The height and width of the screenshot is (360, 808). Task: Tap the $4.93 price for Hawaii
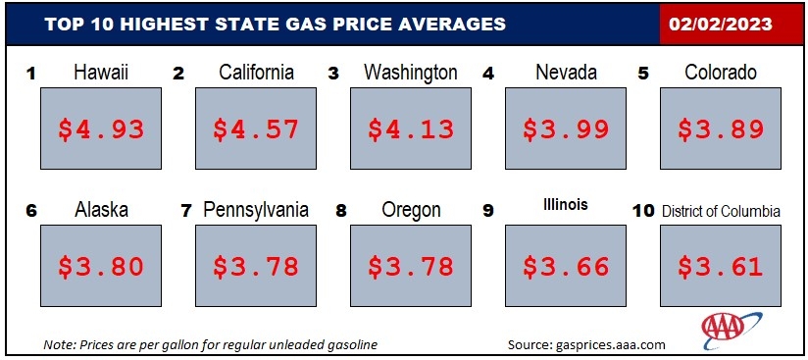pos(101,129)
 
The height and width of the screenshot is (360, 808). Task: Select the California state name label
pos(256,73)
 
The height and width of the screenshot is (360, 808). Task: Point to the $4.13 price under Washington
pos(411,129)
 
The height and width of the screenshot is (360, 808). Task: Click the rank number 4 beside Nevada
pos(488,74)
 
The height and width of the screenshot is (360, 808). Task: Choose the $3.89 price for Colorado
pos(721,129)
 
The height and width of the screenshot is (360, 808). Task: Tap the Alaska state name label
pos(101,210)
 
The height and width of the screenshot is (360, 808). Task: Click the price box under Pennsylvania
pos(256,266)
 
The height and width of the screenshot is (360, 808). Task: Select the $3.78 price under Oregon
pos(411,266)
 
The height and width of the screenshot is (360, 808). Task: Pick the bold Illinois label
pos(565,205)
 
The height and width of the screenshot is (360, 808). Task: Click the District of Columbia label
pos(721,211)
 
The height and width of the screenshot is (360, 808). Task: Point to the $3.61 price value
pos(721,266)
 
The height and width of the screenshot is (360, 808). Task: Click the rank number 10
pos(643,211)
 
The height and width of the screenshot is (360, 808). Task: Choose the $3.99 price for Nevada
pos(566,129)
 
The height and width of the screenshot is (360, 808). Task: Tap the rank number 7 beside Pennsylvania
pos(186,211)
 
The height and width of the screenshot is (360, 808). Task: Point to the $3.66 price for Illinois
pos(566,266)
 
